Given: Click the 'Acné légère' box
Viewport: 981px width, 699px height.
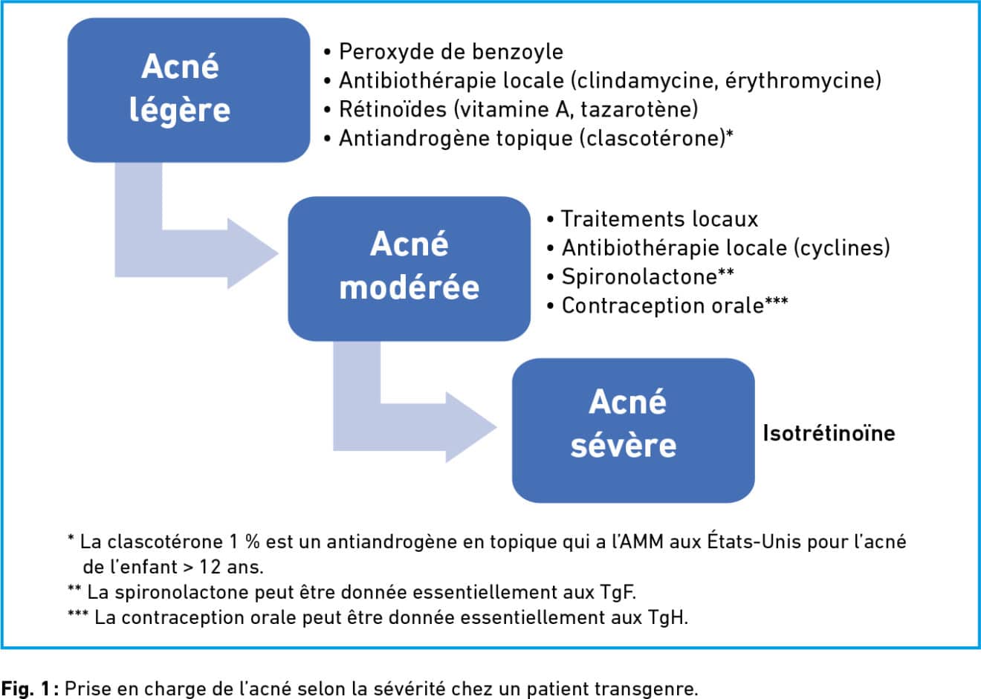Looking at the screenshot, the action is pos(189,90).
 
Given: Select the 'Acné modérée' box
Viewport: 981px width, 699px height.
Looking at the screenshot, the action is pos(409,269).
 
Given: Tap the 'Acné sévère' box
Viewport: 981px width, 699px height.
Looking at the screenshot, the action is pos(633,431).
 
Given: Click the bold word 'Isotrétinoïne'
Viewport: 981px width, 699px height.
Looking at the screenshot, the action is pos(829,433).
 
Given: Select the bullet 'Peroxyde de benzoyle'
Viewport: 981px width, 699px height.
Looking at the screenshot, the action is pos(443,52).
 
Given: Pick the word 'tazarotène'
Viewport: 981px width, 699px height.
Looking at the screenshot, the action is pos(636,109).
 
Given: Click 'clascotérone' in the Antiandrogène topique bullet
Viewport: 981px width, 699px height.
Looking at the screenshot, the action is pos(653,139).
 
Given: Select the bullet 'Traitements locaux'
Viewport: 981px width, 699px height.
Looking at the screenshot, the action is pos(653,219).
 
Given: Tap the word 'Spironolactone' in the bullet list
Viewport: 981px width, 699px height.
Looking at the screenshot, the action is pos(639,277).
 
